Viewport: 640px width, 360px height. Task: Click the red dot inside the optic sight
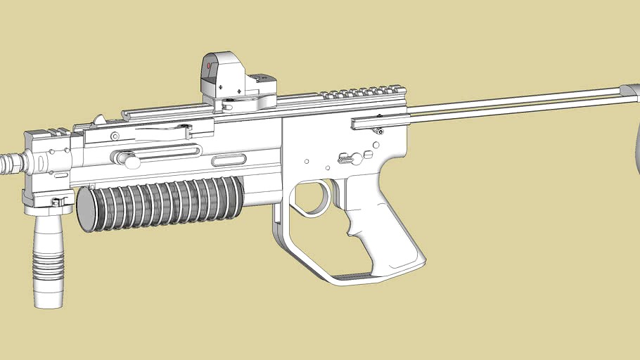pyautogui.click(x=209, y=67)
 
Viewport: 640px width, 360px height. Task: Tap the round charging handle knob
pyautogui.click(x=128, y=159)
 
